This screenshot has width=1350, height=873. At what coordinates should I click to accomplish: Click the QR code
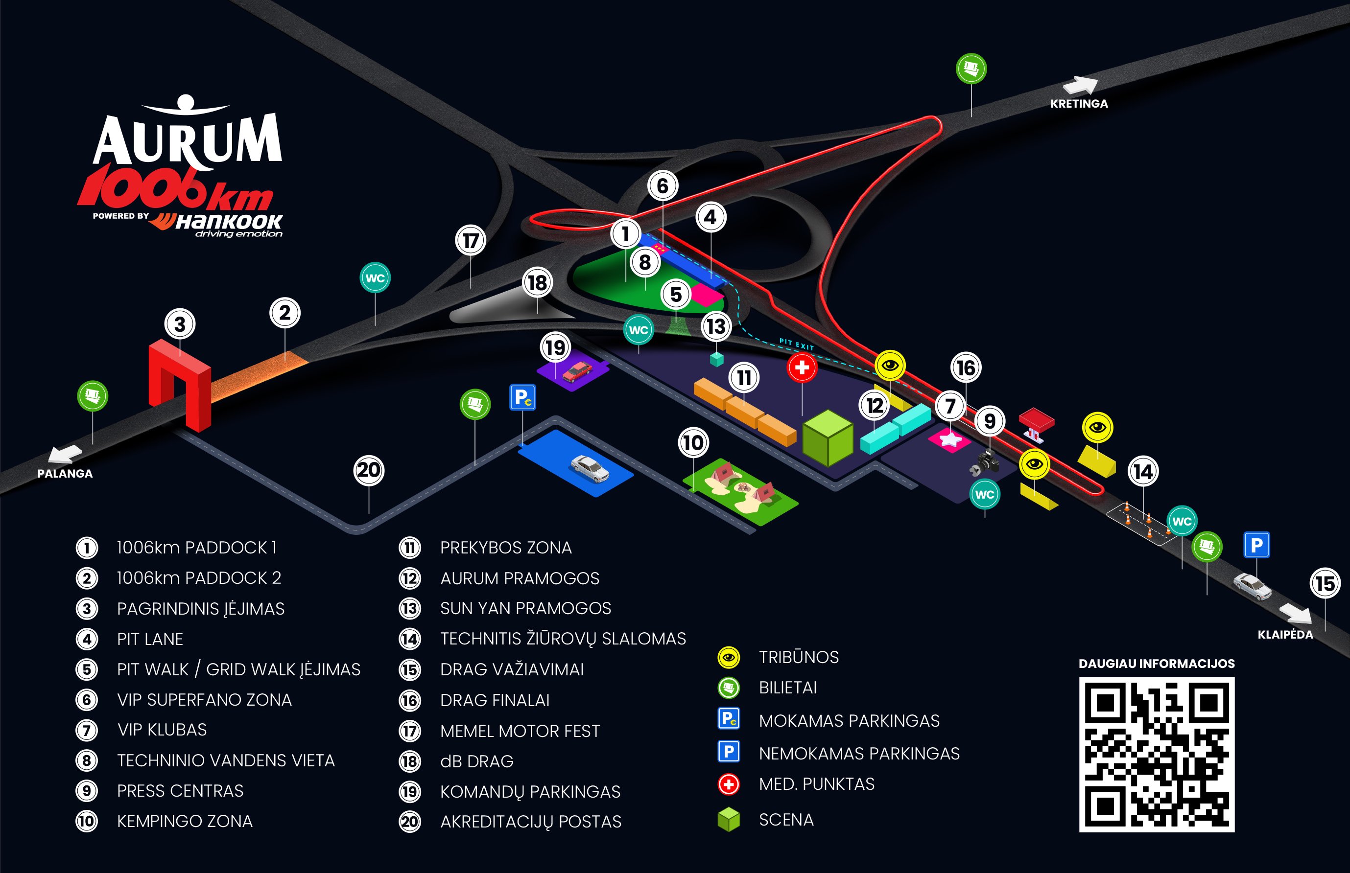(1157, 755)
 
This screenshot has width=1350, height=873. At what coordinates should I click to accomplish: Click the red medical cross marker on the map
(802, 368)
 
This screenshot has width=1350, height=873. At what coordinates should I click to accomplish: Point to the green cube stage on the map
(828, 437)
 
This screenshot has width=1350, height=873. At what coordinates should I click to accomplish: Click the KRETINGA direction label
(1079, 104)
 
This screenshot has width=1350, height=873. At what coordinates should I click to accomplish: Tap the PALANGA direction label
(65, 473)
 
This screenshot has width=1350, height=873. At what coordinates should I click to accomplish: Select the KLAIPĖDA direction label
(1285, 634)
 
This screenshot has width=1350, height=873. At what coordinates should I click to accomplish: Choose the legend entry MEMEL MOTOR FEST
(520, 731)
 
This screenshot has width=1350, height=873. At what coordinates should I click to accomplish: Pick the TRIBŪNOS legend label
(799, 657)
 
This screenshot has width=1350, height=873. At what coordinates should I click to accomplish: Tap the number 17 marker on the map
(471, 240)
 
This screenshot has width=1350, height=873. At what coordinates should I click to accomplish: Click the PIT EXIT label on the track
(796, 344)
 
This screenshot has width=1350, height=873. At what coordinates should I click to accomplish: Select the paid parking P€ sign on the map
(522, 397)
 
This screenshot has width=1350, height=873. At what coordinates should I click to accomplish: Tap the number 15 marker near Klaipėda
(1325, 583)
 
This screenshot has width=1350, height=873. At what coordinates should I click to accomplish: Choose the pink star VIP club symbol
(949, 439)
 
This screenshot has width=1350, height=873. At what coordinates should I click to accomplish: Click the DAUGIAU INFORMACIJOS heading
(1157, 663)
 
